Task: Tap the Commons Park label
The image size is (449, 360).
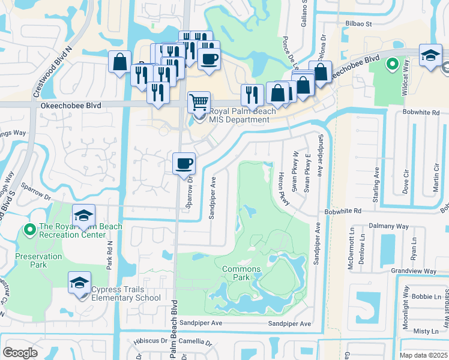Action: [x=241, y=274]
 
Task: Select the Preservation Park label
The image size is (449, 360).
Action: [x=39, y=260]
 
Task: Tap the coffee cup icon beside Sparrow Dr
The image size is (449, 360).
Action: [x=184, y=163]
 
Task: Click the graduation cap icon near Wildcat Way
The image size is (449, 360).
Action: [x=430, y=56]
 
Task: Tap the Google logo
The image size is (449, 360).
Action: [x=20, y=352]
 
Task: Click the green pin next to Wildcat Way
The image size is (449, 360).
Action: [x=393, y=63]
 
